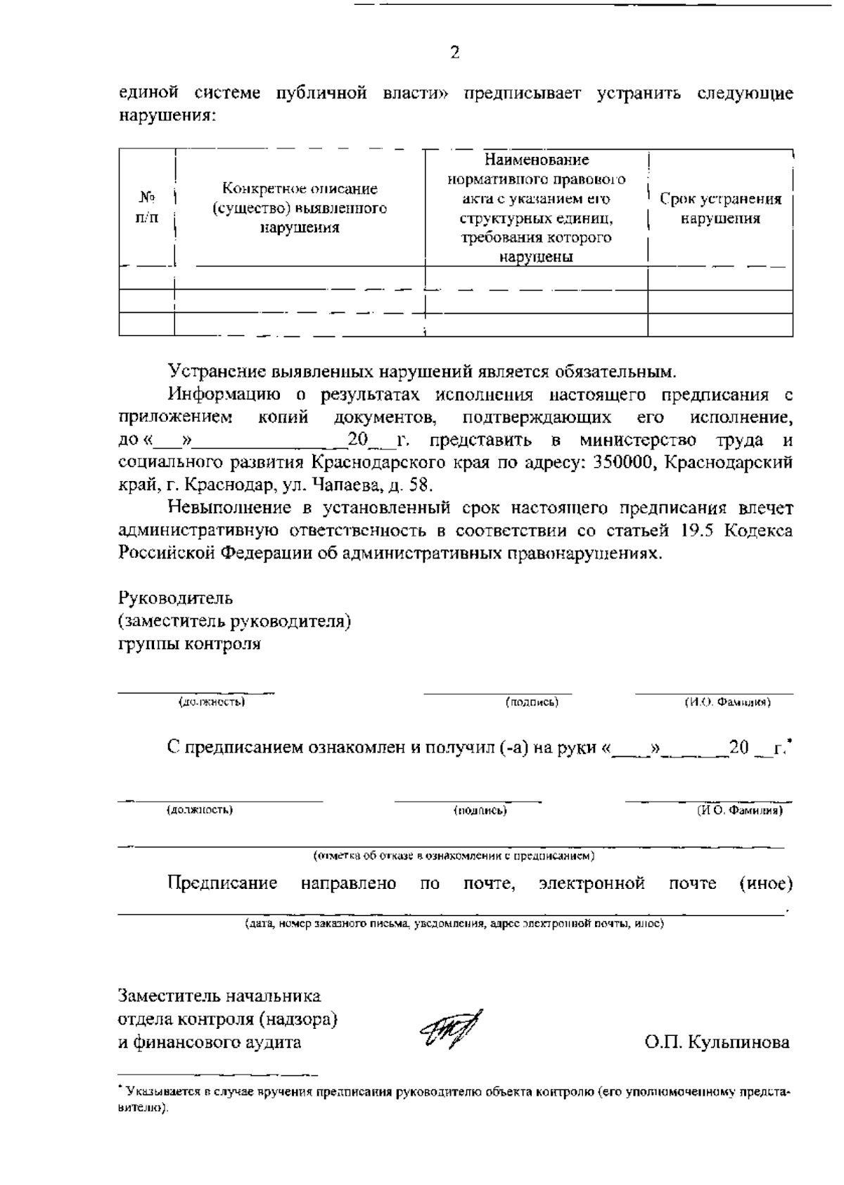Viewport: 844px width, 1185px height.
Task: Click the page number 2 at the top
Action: pyautogui.click(x=454, y=53)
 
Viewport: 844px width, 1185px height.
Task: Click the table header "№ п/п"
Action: pyautogui.click(x=146, y=207)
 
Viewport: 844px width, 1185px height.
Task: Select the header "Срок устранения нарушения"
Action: pyautogui.click(x=720, y=209)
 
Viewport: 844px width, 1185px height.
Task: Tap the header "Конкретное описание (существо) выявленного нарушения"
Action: pyautogui.click(x=300, y=208)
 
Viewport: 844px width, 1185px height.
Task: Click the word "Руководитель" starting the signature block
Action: pyautogui.click(x=175, y=598)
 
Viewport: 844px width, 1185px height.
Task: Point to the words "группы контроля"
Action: pyautogui.click(x=189, y=644)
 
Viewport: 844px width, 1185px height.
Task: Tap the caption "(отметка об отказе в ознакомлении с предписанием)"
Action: pyautogui.click(x=454, y=857)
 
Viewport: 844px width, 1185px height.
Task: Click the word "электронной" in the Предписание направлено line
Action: pyautogui.click(x=592, y=883)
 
